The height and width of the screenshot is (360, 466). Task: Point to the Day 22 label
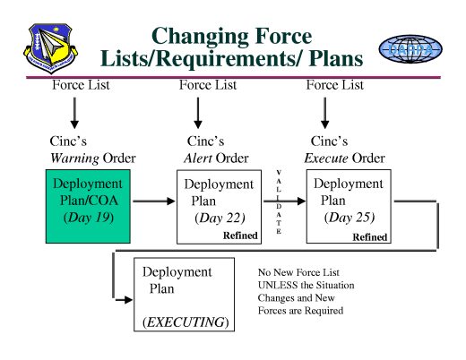point(220,217)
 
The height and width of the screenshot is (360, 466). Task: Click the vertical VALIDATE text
point(279,201)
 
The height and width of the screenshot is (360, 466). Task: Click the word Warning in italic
point(74,159)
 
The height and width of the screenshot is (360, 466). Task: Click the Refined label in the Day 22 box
point(241,236)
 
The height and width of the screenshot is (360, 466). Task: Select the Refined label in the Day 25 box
point(369,236)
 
